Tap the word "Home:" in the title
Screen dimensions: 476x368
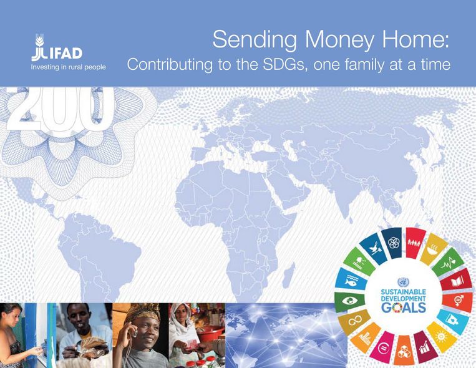coord(415,39)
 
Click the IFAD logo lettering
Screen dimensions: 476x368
coord(57,54)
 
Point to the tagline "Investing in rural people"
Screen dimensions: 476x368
coord(68,67)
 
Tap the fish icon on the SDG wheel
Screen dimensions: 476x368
coord(351,281)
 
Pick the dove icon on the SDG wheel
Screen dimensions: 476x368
coord(374,247)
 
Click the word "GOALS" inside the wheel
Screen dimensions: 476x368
coord(404,308)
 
